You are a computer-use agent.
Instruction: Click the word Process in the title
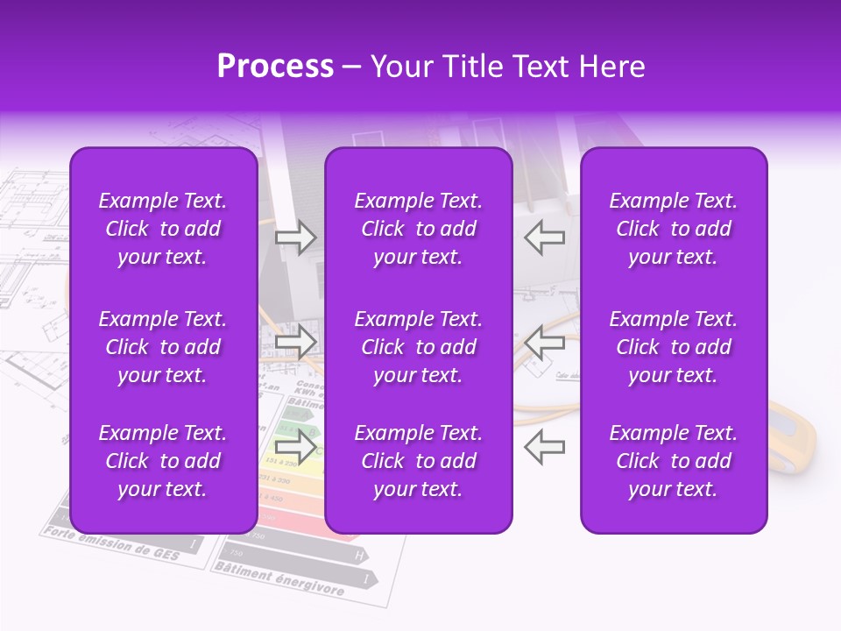tap(275, 67)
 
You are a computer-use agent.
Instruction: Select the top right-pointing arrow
tap(295, 237)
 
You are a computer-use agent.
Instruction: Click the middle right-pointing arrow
tap(295, 342)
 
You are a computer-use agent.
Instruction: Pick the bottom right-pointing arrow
tap(295, 446)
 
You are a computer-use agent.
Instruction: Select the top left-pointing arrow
tap(545, 237)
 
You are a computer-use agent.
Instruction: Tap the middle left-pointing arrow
tap(545, 342)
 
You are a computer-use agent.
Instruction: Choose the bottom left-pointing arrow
tap(545, 446)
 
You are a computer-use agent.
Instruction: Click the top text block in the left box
tap(163, 229)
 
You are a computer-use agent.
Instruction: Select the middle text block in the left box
tap(163, 347)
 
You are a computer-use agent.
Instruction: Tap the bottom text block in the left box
tap(163, 461)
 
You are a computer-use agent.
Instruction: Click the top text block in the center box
tap(418, 229)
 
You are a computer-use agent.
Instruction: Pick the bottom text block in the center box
tap(418, 461)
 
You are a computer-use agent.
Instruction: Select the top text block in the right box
tap(673, 229)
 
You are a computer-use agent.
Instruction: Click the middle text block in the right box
tap(673, 347)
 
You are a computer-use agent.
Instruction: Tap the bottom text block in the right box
tap(673, 461)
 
